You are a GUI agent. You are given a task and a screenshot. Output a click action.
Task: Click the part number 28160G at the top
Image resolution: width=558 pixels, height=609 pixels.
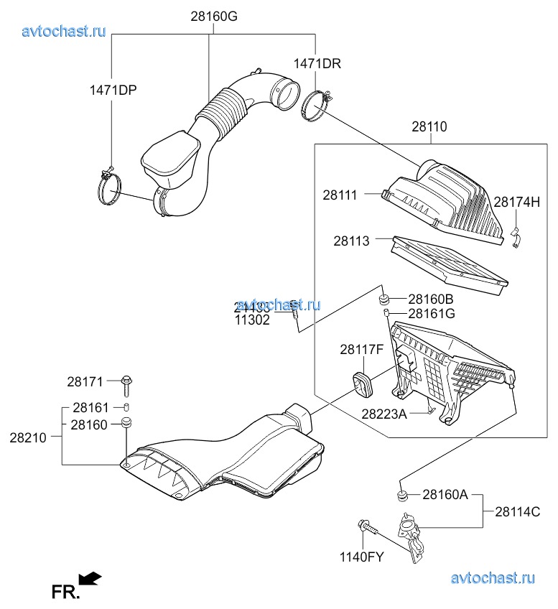pyautogui.click(x=214, y=15)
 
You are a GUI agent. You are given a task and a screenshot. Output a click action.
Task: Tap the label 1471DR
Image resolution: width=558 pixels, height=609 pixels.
pyautogui.click(x=317, y=63)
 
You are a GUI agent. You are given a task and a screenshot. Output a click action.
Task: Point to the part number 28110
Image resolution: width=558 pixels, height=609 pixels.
pyautogui.click(x=429, y=127)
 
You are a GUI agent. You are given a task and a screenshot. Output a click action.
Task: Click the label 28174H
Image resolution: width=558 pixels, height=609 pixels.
pyautogui.click(x=516, y=202)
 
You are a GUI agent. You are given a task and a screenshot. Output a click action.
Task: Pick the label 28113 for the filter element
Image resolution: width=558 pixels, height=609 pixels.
pyautogui.click(x=351, y=241)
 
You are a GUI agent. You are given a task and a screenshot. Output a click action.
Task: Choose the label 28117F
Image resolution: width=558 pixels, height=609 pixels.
pyautogui.click(x=362, y=350)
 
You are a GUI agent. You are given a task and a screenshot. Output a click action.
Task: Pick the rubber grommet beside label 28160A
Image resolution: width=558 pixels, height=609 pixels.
pyautogui.click(x=402, y=495)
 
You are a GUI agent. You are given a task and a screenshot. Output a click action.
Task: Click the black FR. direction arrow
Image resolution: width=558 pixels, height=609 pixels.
pyautogui.click(x=90, y=578)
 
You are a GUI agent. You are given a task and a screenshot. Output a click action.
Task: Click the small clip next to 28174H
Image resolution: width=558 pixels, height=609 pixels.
pyautogui.click(x=515, y=237)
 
